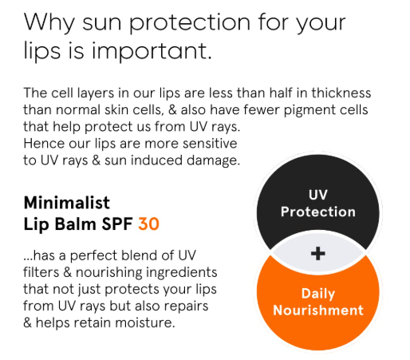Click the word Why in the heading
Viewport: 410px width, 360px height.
coord(49,22)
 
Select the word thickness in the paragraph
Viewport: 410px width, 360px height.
coord(341,93)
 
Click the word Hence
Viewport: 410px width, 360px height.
coord(44,144)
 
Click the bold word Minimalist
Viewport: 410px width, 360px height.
coord(67,203)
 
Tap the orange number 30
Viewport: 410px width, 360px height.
coord(148,224)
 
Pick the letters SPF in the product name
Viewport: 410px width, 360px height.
coord(117,224)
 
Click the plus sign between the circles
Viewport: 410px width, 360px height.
coord(318,253)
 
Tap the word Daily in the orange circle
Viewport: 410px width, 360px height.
coord(318,294)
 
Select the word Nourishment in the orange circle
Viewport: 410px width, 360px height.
coord(318,311)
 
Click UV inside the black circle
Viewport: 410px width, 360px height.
coord(318,195)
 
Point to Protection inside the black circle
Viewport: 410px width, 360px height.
coord(318,212)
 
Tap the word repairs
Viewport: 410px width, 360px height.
coord(186,307)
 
